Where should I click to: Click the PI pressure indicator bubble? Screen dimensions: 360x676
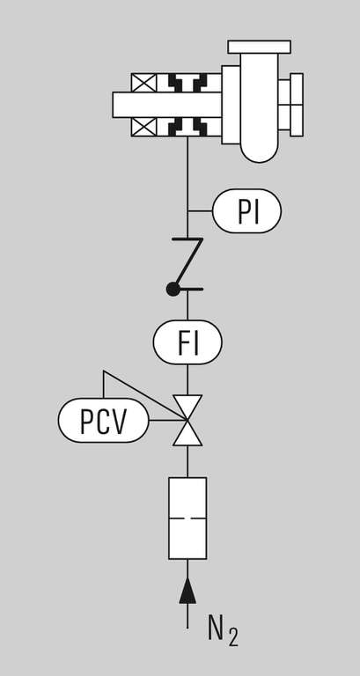[246, 211]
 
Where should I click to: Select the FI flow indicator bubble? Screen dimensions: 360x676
[187, 342]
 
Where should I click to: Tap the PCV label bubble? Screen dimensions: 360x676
[104, 420]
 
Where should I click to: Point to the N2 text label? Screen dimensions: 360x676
[223, 633]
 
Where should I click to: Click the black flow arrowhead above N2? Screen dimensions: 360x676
[187, 591]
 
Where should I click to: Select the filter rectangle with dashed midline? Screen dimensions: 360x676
[187, 518]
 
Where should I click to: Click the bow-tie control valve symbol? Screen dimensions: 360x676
[187, 421]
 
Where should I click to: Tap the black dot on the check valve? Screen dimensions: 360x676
[173, 290]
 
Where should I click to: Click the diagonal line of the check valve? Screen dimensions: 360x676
[188, 264]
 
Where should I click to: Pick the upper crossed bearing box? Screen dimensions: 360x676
[144, 83]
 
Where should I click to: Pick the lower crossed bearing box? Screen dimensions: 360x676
[144, 127]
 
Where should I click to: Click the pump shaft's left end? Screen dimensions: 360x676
[114, 105]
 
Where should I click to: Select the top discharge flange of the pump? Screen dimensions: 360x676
[259, 47]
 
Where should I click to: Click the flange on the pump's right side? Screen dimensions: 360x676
[297, 105]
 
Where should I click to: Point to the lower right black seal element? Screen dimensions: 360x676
[200, 127]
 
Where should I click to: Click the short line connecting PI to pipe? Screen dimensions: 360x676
[200, 211]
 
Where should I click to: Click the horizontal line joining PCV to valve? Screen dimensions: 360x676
[168, 420]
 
